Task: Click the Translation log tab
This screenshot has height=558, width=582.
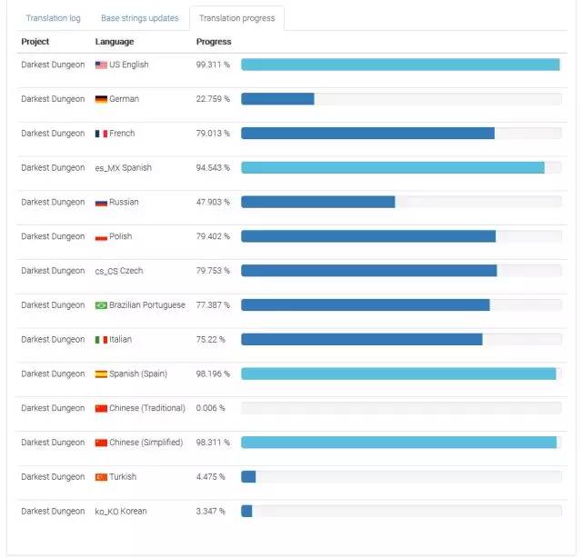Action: pos(54,18)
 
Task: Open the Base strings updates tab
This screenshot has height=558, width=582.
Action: pos(139,18)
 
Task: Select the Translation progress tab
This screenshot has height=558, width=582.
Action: pos(236,18)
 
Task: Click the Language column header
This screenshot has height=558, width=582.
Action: pos(115,42)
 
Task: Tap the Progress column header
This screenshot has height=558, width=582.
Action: pos(214,42)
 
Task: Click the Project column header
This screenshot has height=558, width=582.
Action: pos(35,42)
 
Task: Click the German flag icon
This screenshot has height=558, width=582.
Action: pos(101,99)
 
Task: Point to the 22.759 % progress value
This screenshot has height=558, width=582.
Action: pos(213,99)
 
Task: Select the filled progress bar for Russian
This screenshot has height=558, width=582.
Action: pos(317,202)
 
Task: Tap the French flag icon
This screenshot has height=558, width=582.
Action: pos(101,134)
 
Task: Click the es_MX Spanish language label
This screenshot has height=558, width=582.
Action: pos(124,168)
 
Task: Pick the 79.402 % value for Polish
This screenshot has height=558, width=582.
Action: pos(213,236)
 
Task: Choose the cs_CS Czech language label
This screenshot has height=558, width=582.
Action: pos(119,271)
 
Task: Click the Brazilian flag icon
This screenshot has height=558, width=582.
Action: pos(101,305)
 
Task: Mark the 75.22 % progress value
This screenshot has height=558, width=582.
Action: pos(210,340)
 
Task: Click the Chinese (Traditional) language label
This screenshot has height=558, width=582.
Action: pos(146,408)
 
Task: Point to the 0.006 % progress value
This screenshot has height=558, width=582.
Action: pos(210,408)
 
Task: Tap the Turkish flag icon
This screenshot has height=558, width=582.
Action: pos(101,477)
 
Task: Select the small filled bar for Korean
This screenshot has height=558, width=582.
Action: pos(246,511)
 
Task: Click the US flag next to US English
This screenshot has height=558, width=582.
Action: pos(101,65)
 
